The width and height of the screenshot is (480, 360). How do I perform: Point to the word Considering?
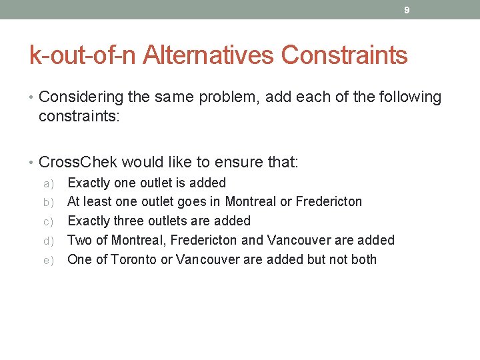click(81, 97)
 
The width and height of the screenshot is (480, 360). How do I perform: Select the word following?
click(409, 97)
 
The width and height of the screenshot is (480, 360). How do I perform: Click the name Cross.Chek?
click(79, 162)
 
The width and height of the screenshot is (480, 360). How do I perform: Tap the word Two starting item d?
click(80, 240)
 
